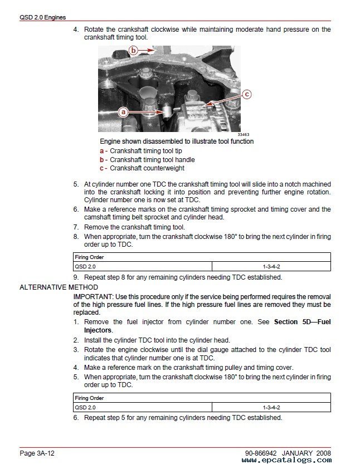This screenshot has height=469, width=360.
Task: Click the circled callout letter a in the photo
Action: point(123,111)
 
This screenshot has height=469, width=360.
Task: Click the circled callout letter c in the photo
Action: point(247,94)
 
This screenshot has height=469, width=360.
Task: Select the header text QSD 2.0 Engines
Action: point(42,18)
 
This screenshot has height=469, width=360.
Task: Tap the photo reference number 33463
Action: point(243,134)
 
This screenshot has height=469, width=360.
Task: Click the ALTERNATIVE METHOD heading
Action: point(51,287)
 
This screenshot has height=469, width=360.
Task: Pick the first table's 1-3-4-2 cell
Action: point(271,267)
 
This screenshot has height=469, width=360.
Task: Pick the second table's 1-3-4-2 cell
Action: point(271,407)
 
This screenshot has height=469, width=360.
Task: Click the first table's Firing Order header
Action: point(89,257)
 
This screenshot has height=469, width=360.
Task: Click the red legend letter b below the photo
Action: point(102,160)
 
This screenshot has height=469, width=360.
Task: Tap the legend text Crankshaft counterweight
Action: point(147,168)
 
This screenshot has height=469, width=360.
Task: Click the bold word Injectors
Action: point(98,330)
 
